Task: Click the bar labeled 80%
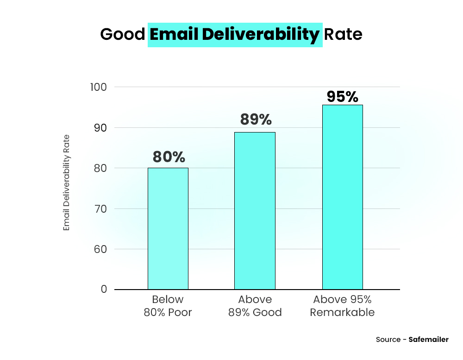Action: [x=168, y=228]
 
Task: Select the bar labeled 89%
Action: [x=255, y=211]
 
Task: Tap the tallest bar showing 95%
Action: [x=342, y=197]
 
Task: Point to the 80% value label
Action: [x=169, y=157]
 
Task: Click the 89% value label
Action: [x=256, y=120]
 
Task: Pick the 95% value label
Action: [x=342, y=96]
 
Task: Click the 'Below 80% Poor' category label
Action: [x=168, y=306]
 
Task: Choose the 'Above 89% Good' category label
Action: [x=255, y=306]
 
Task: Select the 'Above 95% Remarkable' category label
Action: [x=342, y=306]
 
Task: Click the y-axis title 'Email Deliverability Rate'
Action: [x=67, y=183]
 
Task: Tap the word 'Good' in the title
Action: [x=122, y=35]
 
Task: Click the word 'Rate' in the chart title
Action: [x=343, y=35]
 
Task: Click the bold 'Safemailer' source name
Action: [x=428, y=340]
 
